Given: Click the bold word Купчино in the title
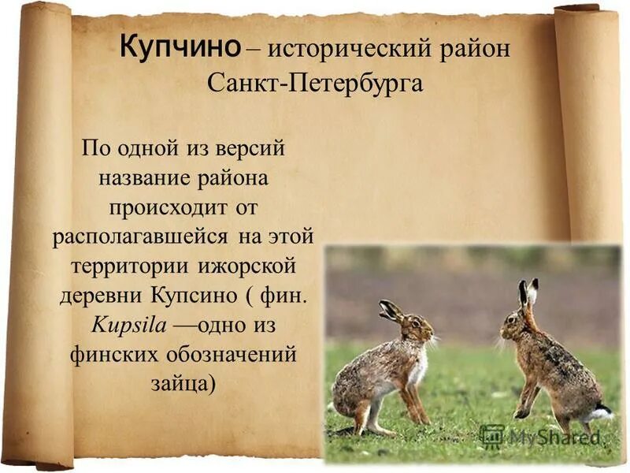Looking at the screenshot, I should pyautogui.click(x=180, y=47).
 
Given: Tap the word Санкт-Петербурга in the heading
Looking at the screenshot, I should pyautogui.click(x=315, y=82).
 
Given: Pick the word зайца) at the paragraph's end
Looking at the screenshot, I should pyautogui.click(x=182, y=382).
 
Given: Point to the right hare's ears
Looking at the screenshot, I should pyautogui.click(x=528, y=293).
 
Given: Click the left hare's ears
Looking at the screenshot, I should pyautogui.click(x=390, y=310).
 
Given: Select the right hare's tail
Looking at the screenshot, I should pyautogui.click(x=602, y=412).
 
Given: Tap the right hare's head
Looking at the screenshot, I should pyautogui.click(x=517, y=319).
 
